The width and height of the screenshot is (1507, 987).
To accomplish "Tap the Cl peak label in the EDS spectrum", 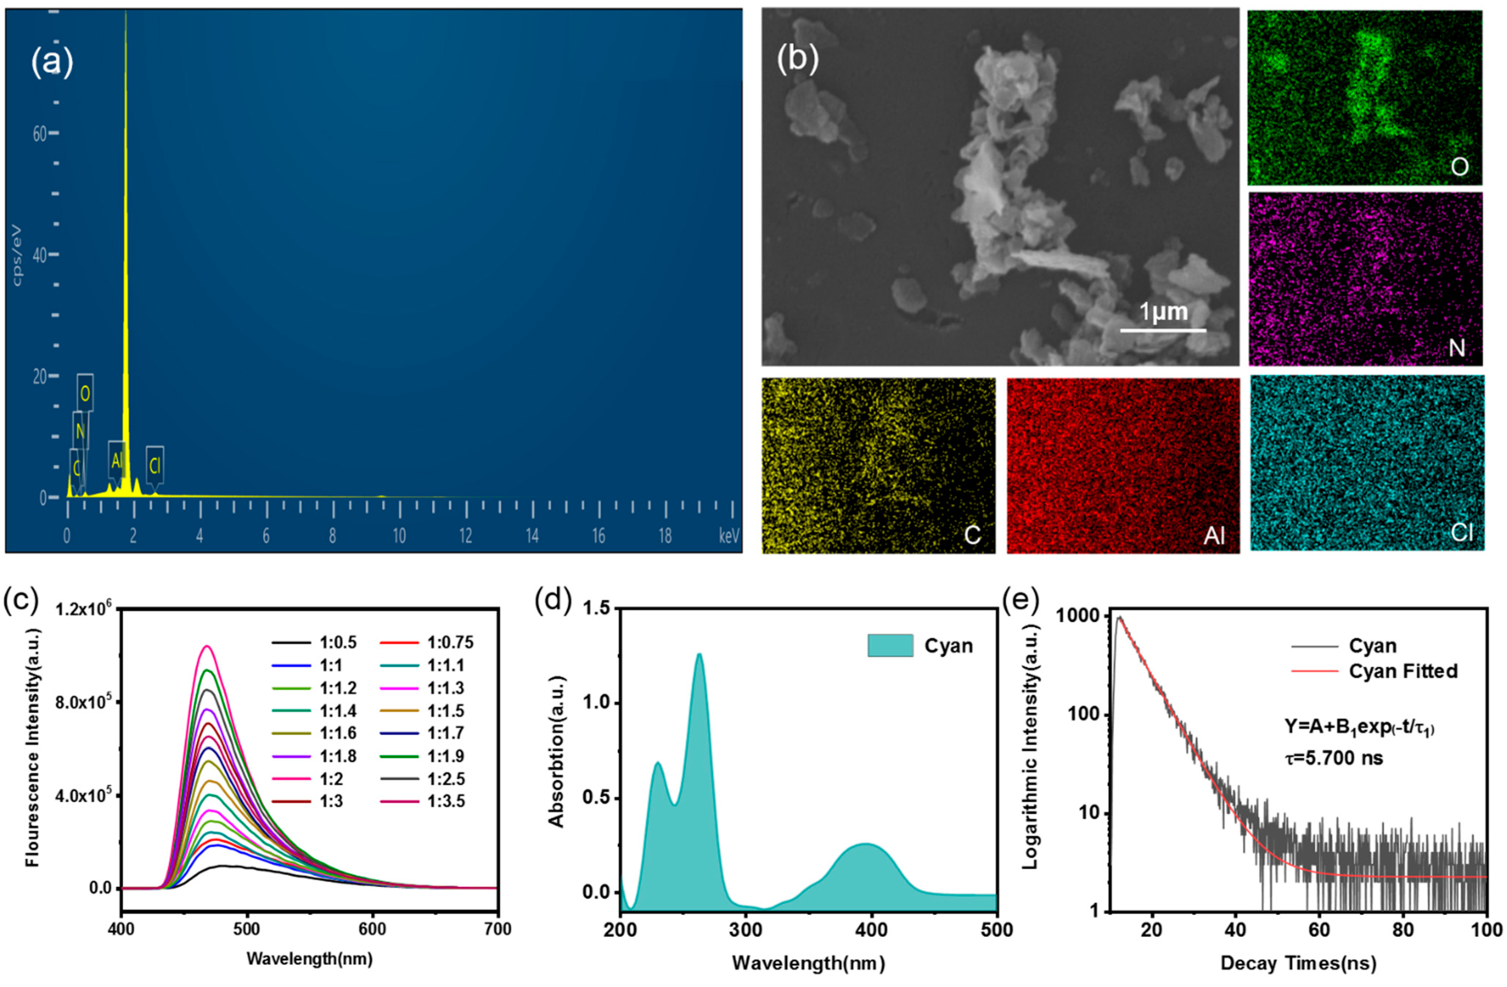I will coord(155,466).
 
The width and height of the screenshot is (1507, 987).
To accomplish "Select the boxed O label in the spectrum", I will coord(85,394).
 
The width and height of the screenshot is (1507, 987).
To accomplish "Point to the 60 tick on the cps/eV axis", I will coord(40,134).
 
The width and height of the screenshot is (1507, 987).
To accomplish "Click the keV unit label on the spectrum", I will coord(729,537).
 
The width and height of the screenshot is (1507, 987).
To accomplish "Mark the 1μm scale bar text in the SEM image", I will coord(1163,312).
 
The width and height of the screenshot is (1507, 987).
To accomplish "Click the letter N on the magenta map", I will coord(1456,348).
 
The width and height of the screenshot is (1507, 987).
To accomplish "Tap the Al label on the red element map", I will coord(1214,535).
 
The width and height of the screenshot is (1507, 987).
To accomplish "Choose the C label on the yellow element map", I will coord(972,535).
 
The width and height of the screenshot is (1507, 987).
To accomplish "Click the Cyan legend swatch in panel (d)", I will coord(890,645).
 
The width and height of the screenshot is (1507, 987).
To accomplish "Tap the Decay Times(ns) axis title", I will coord(1298,963).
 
